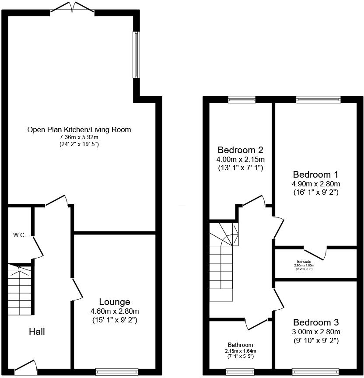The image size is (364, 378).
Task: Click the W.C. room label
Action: coord(19,235)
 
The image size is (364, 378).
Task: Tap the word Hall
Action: coord(37,332)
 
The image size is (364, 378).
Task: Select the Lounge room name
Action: coord(114,302)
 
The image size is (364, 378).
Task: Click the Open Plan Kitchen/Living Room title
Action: coord(79,129)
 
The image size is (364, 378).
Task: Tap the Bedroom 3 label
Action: coord(316,322)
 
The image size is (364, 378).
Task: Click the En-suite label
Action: coord(304,261)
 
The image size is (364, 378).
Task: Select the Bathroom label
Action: coord(240,345)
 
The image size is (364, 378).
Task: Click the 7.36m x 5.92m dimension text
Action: coord(79,137)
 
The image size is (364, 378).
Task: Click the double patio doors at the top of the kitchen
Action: coord(73,7)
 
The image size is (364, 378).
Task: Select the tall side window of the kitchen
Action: coord(136,55)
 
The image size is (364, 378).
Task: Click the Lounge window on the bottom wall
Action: coord(117,372)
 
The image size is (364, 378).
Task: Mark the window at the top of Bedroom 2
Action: coord(241,100)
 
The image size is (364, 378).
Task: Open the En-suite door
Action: coord(315,252)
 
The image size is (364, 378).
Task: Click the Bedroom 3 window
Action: coord(315,372)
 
